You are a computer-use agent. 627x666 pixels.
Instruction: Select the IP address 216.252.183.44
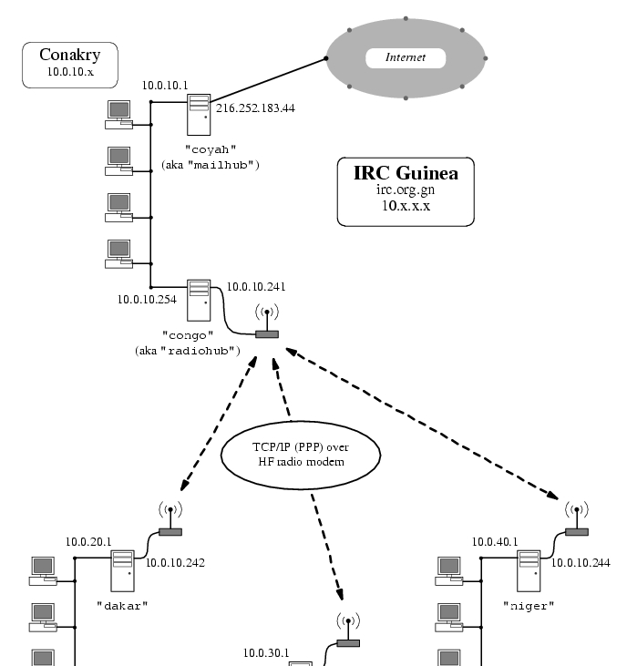[x=255, y=108]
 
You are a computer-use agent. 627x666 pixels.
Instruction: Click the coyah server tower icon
[x=199, y=117]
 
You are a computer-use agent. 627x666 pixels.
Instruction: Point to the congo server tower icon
[x=198, y=300]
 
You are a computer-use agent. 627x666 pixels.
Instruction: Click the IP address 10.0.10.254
[x=146, y=298]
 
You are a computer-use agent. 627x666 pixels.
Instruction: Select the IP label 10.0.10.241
[x=256, y=287]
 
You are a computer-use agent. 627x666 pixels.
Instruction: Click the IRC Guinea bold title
[x=406, y=173]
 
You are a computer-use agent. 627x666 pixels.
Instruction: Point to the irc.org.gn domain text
[x=406, y=190]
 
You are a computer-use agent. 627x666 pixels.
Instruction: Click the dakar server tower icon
[x=122, y=569]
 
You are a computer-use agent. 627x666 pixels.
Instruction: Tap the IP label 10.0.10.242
[x=175, y=562]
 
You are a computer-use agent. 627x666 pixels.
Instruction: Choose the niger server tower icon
[x=528, y=569]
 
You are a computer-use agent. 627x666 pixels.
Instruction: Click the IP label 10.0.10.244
[x=581, y=562]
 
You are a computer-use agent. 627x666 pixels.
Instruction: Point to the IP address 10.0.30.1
[x=266, y=653]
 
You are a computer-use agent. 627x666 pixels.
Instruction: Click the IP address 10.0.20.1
[x=88, y=541]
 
